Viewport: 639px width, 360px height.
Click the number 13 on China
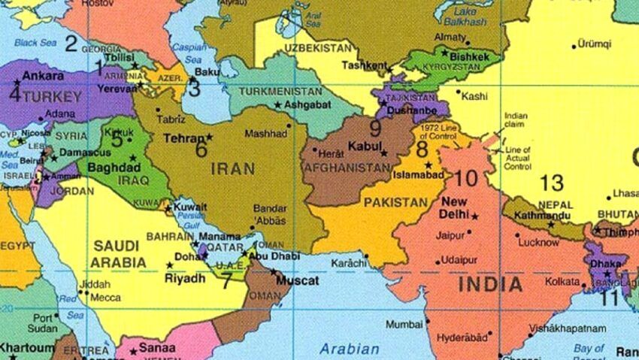click(x=551, y=183)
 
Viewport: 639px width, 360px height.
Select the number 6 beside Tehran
click(x=201, y=149)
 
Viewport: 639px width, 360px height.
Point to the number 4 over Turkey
click(x=14, y=95)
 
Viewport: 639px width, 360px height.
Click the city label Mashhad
click(x=267, y=134)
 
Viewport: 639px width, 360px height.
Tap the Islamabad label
click(x=418, y=177)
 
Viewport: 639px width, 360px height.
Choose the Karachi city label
click(x=347, y=265)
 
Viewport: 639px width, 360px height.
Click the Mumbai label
click(x=404, y=325)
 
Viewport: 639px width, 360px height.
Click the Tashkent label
click(x=365, y=65)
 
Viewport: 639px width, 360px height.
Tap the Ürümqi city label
click(x=595, y=44)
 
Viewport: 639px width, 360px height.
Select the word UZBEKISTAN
click(x=319, y=48)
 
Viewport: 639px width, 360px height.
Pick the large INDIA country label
click(x=489, y=284)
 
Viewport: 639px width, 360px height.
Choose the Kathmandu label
click(x=542, y=215)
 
